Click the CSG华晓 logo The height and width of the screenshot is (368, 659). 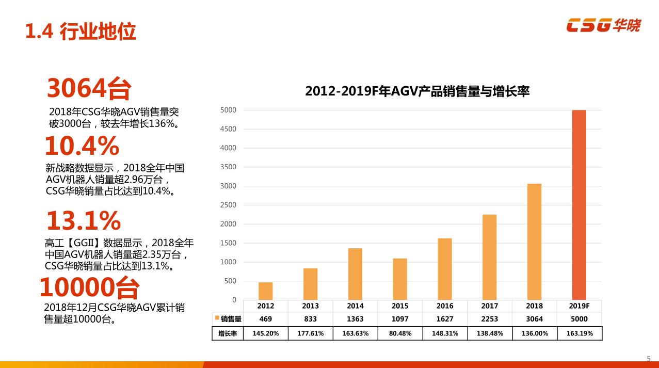603,25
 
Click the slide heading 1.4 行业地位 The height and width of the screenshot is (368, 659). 81,31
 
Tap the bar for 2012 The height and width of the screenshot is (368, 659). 265,291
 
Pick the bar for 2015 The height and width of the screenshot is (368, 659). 400,279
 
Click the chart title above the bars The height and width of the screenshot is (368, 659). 417,91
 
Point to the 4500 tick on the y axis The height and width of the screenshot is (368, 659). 228,129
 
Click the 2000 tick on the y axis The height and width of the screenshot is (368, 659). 228,224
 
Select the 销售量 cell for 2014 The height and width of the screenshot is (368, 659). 355,319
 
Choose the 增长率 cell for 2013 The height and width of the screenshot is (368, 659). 310,333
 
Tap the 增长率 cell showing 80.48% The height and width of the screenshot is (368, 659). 400,333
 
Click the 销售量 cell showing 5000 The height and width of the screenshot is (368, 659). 579,319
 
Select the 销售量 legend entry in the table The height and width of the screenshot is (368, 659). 228,319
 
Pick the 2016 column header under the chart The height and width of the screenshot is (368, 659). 445,306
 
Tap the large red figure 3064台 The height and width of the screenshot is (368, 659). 89,88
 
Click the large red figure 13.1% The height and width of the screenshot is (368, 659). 83,221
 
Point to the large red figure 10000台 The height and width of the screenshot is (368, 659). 89,287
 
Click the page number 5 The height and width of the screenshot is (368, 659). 649,358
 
